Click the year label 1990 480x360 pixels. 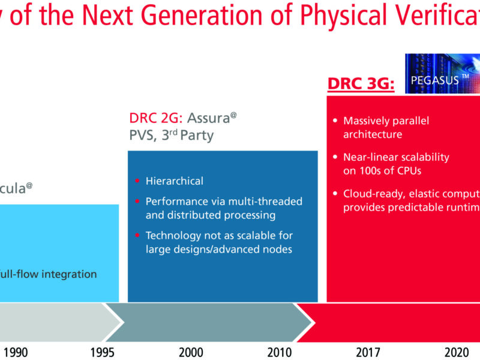[15, 352]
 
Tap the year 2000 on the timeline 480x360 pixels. [191, 352]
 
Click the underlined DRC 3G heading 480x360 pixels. [360, 84]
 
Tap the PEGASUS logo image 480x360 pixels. [443, 73]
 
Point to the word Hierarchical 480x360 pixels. [174, 181]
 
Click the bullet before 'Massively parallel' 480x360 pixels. [335, 121]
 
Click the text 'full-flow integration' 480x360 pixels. [48, 274]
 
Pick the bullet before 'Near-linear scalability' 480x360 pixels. [335, 157]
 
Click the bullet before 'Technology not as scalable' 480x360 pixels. [138, 236]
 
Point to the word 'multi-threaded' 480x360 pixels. [268, 202]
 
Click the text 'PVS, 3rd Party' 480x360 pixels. [171, 136]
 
